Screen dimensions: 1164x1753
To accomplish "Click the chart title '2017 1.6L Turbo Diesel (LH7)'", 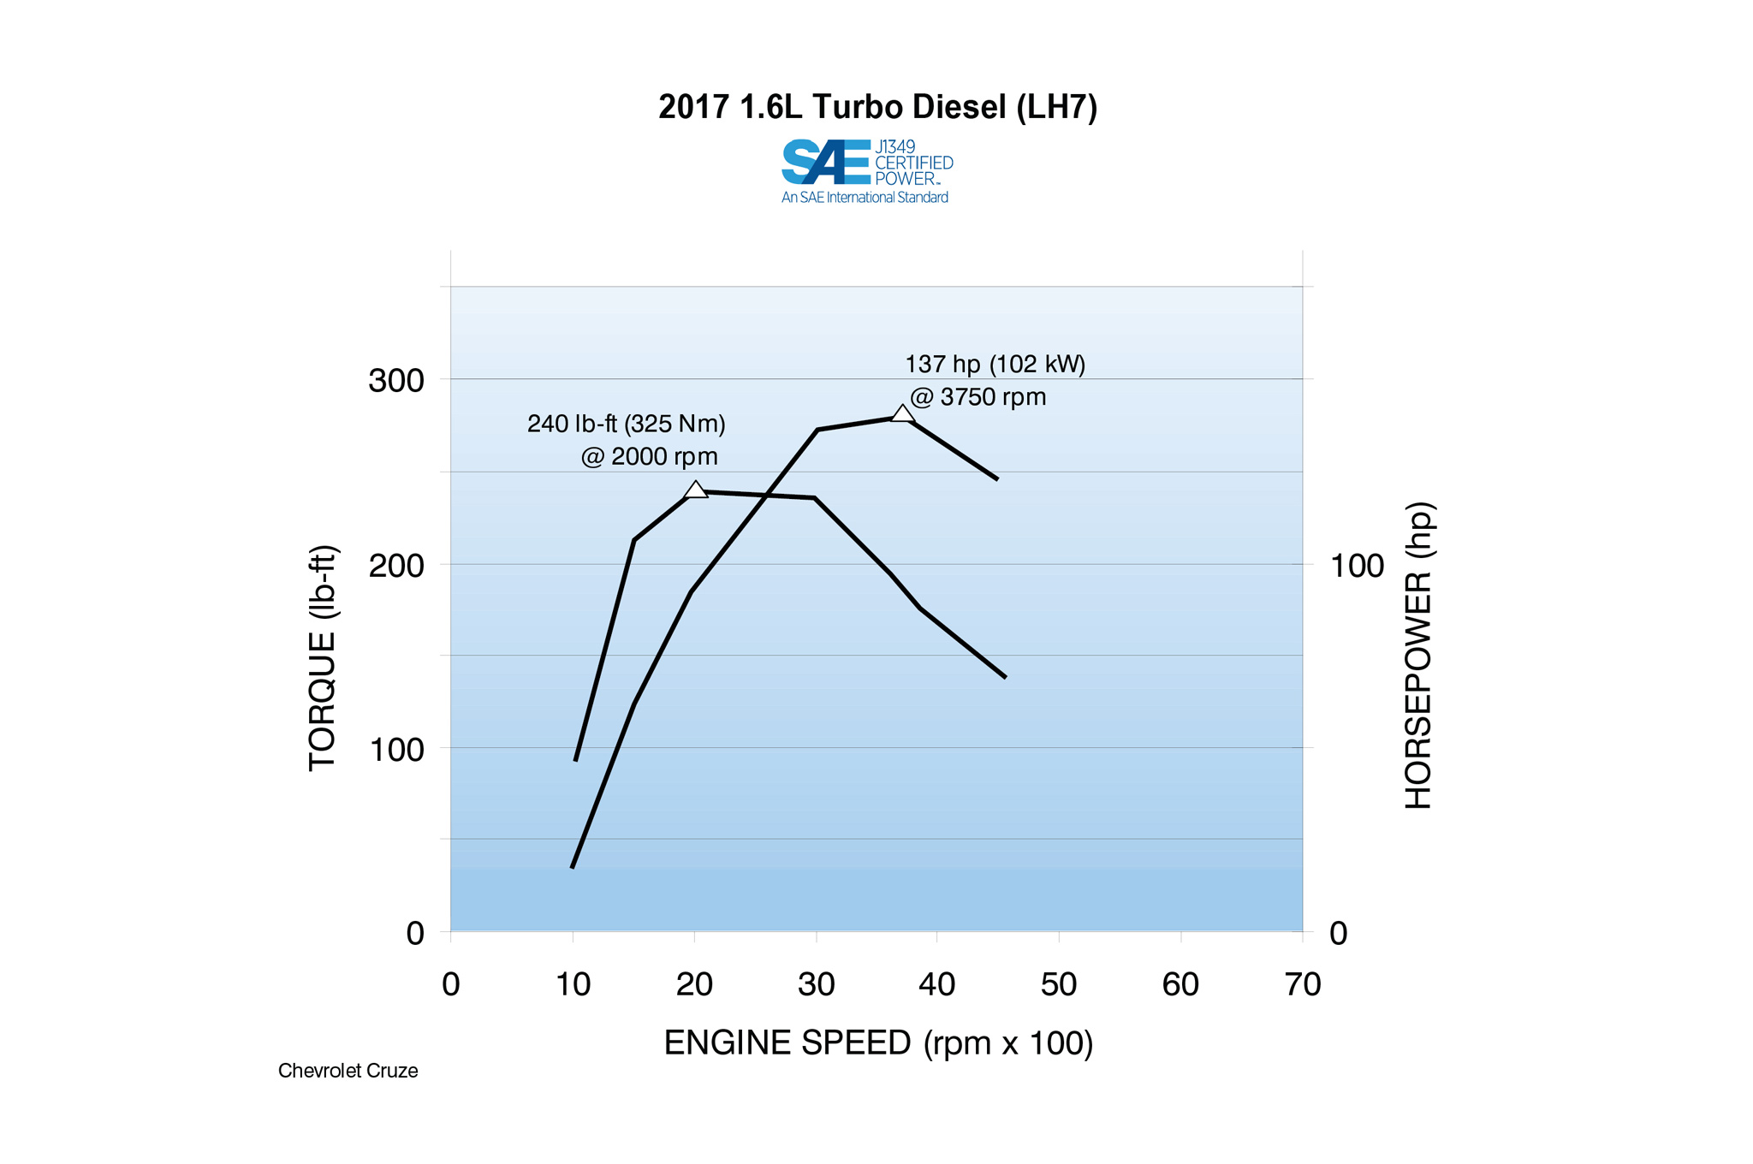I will point(877,108).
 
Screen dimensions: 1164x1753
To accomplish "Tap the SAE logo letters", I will point(825,162).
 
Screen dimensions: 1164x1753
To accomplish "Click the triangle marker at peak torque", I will point(696,490).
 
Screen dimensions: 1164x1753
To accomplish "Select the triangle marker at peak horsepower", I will point(902,413).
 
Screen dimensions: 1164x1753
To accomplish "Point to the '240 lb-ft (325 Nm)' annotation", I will point(626,424).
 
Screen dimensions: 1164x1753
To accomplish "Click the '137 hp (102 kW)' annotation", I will point(995,365).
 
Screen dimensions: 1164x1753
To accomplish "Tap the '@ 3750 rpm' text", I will point(978,397).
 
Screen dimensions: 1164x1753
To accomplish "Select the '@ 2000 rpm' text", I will point(649,457).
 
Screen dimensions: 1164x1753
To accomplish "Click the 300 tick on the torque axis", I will point(395,380).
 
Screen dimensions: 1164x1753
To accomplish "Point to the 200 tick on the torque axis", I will point(395,565).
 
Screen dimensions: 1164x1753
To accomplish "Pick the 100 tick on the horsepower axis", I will point(1357,566).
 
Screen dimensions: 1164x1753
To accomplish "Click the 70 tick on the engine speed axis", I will point(1302,984).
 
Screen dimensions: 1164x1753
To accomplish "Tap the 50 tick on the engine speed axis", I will point(1058,984).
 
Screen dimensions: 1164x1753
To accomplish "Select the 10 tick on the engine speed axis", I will point(573,984).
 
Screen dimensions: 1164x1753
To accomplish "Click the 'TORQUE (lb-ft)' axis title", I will point(323,658).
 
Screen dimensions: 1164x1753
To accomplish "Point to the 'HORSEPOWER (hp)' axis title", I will point(1418,656).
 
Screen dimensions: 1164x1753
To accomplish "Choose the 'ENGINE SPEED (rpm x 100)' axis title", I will point(878,1043).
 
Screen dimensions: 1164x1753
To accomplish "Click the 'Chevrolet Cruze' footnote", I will point(348,1071).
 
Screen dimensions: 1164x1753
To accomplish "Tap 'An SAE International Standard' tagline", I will point(865,198).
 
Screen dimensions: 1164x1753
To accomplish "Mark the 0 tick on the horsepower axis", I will point(1339,933).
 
